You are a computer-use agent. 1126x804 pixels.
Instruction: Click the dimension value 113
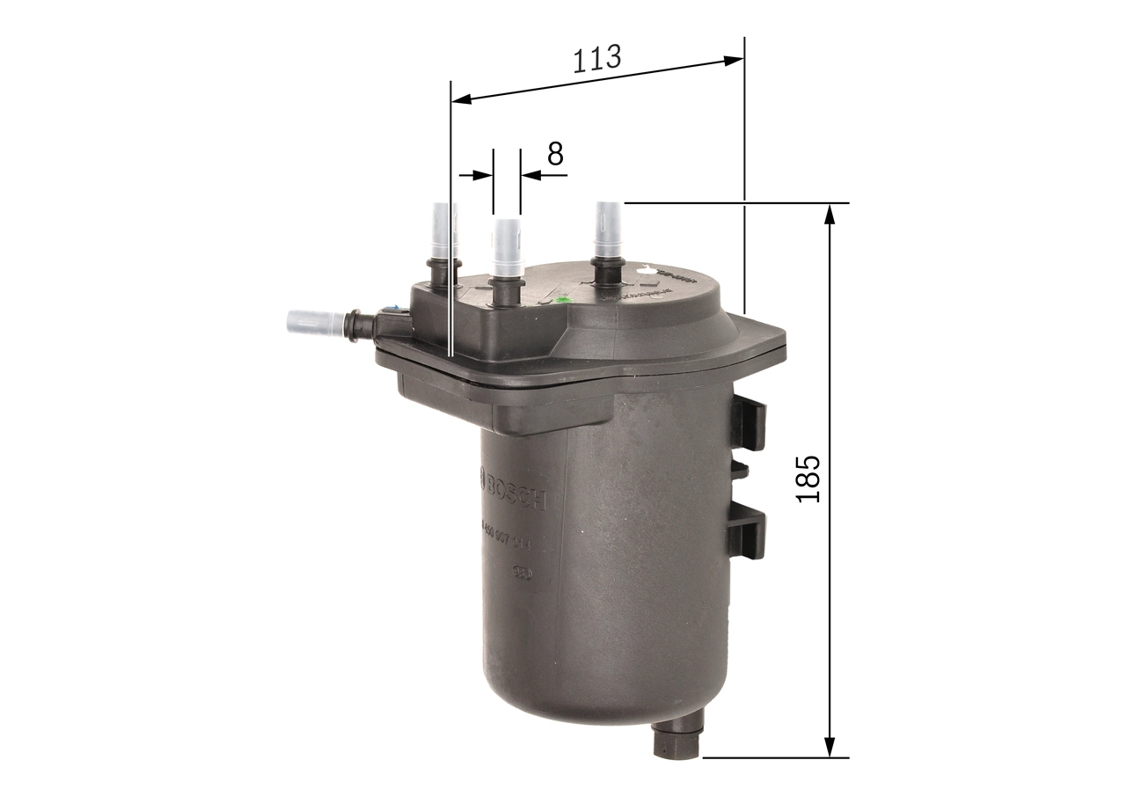597,58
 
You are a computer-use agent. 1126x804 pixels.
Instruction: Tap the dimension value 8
555,153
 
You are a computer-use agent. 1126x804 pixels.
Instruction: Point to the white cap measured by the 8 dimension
508,247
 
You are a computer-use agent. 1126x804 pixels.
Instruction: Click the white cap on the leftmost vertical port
443,230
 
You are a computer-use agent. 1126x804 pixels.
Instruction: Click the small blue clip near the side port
392,309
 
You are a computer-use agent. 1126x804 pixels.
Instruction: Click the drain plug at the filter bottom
676,741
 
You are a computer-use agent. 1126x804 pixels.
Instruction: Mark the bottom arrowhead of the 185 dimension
829,747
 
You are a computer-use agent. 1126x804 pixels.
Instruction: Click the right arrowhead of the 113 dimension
734,61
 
